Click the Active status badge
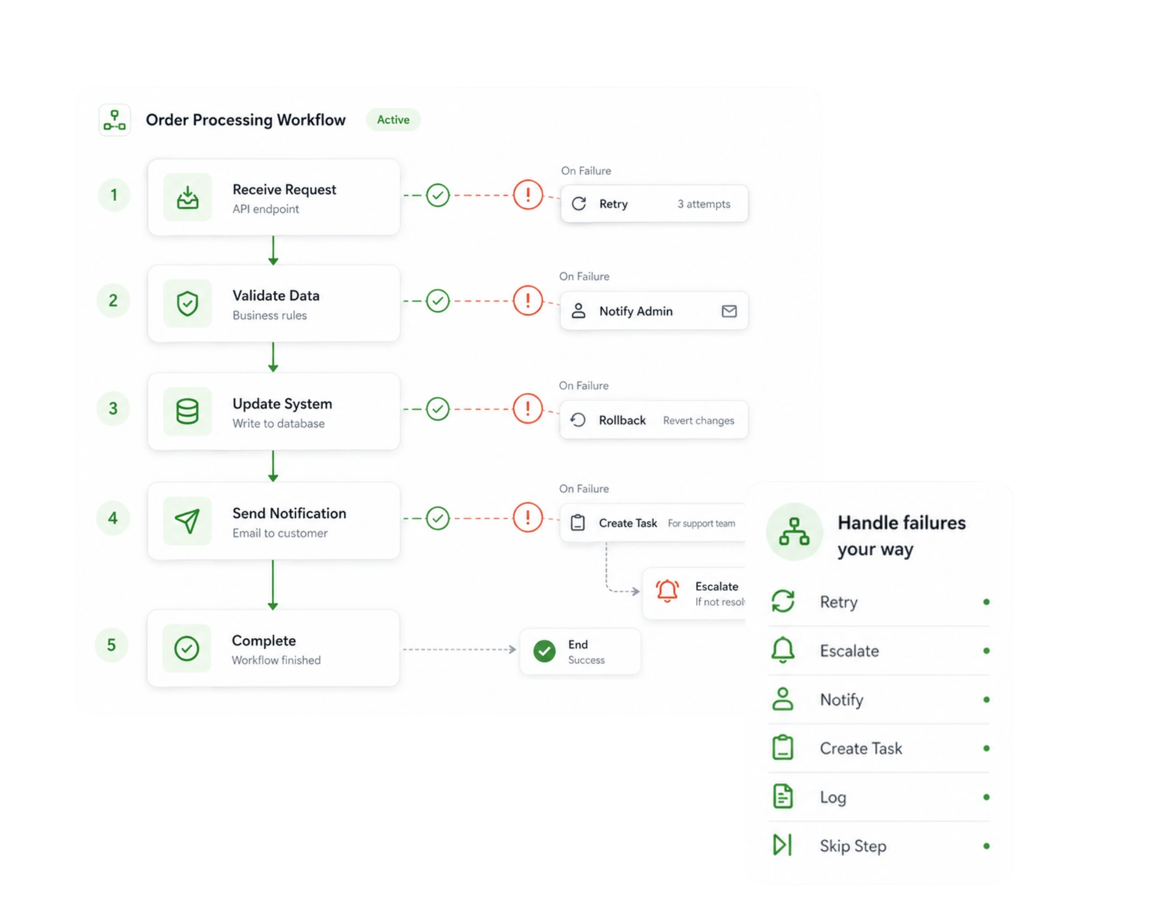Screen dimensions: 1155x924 (x=393, y=120)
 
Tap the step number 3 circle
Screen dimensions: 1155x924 (x=113, y=409)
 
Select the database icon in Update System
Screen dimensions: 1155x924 (x=187, y=411)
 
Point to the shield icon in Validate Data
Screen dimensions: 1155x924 (x=188, y=304)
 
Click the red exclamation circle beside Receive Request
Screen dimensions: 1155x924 (x=528, y=195)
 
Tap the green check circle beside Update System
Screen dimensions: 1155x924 (x=438, y=409)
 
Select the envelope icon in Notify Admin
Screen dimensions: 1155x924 (x=729, y=311)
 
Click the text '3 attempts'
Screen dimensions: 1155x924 (x=704, y=204)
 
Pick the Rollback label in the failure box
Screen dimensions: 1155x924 (x=622, y=420)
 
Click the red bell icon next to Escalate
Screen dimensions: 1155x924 (x=668, y=591)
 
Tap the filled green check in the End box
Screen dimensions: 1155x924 (x=544, y=651)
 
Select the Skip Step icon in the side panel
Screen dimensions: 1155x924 (x=783, y=845)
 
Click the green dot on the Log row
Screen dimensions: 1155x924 (x=987, y=797)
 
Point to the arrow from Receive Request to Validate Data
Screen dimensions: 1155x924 (x=273, y=251)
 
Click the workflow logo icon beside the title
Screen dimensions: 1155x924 (x=114, y=120)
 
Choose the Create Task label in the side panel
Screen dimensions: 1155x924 (x=861, y=749)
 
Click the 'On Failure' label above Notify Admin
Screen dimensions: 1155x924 (x=584, y=277)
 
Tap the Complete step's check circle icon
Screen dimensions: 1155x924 (x=187, y=648)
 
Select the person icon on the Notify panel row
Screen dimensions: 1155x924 (x=783, y=699)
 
